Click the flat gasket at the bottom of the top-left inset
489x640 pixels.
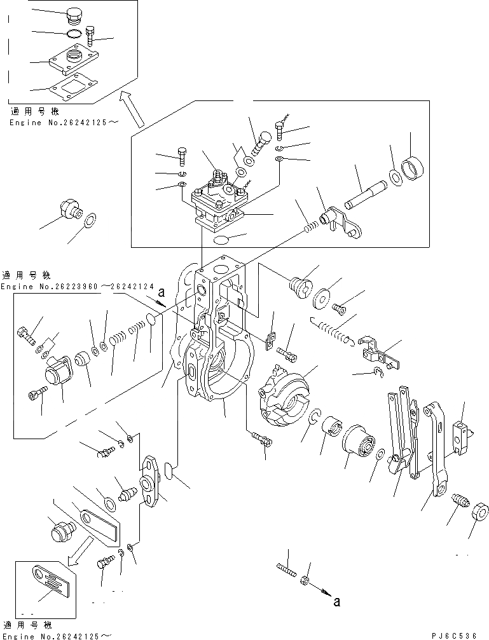pyautogui.click(x=73, y=86)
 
